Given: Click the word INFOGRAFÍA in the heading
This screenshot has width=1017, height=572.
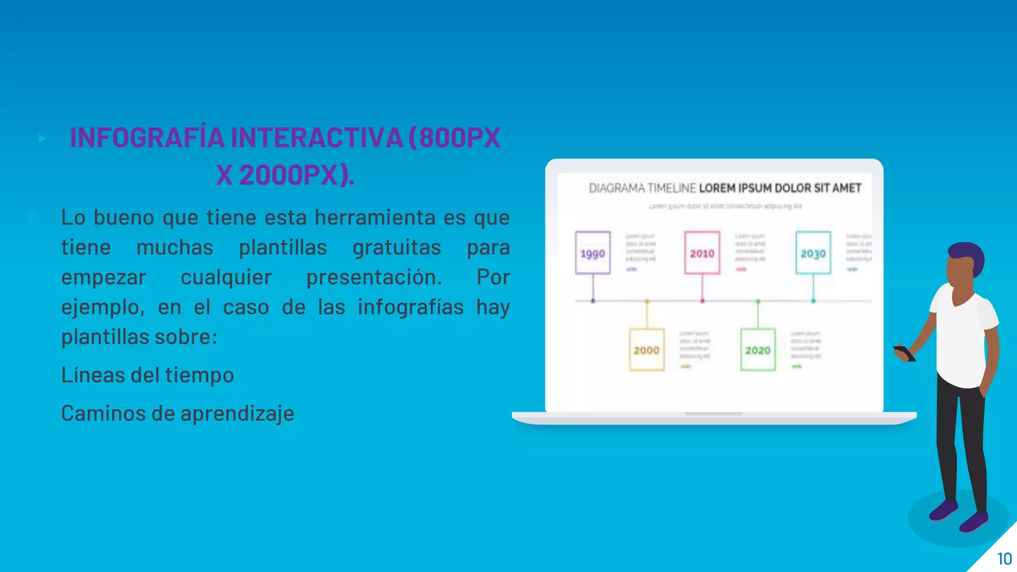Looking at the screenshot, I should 147,138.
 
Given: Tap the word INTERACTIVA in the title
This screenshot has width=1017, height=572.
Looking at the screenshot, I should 316,138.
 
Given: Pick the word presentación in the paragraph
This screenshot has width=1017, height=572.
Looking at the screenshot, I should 373,277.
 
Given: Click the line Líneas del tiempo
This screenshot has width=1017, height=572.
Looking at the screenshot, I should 147,375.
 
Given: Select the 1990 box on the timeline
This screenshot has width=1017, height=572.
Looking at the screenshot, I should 592,253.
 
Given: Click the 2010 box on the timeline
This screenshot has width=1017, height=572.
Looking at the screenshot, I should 702,253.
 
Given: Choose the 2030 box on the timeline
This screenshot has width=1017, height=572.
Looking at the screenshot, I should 813,253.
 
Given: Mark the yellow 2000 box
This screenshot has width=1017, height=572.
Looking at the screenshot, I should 647,350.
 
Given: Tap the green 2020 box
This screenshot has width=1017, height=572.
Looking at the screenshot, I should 758,350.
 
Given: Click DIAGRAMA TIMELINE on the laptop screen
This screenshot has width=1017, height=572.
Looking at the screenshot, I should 642,188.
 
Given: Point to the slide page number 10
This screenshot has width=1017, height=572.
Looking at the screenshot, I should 1004,559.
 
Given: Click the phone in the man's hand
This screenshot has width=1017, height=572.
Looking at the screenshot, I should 904,353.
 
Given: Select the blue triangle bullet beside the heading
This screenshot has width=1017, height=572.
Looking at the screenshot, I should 42,138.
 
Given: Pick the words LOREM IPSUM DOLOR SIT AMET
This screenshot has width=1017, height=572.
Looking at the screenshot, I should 780,188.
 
